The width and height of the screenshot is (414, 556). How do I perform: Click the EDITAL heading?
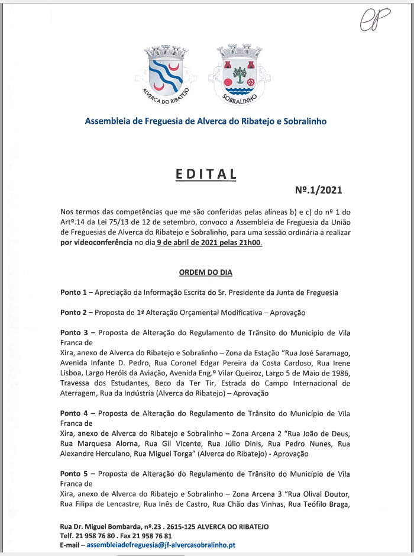coord(206,174)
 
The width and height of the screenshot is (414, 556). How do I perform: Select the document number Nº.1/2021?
coord(318,191)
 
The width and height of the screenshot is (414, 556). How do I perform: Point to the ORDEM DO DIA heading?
coord(205,272)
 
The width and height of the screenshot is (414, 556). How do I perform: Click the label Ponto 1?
coord(74,293)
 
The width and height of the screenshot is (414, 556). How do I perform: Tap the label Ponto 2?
coord(74,312)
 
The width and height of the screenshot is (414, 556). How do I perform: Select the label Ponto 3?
coord(74,332)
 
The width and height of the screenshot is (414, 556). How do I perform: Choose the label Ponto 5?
coord(74,474)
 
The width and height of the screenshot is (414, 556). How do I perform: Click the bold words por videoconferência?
coord(96,243)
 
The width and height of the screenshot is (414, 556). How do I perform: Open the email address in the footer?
coord(161,545)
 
